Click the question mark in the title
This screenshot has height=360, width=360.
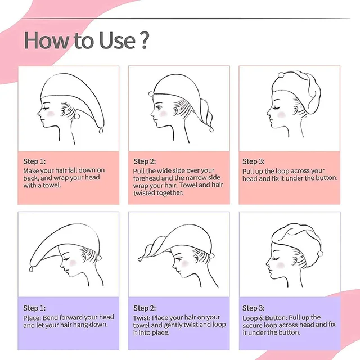click(x=144, y=40)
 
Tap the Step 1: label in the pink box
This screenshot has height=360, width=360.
click(x=34, y=161)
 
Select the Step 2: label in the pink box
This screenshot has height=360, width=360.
click(x=145, y=161)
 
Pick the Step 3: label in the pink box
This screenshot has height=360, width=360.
click(x=254, y=161)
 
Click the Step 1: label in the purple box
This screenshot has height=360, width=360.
click(x=34, y=308)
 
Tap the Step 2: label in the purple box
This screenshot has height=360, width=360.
click(x=145, y=308)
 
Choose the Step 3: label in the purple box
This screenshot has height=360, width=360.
click(x=254, y=308)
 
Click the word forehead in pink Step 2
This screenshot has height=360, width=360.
click(x=146, y=178)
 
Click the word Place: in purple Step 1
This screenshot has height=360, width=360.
click(x=32, y=318)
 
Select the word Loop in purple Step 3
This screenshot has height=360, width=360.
click(x=250, y=318)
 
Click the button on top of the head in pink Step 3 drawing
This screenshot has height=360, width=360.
click(x=281, y=75)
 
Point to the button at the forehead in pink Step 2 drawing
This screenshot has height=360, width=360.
click(x=151, y=94)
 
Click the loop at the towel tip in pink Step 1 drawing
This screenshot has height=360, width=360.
click(x=101, y=130)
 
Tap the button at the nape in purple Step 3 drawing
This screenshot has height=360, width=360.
click(x=320, y=254)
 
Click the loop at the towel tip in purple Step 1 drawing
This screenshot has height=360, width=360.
click(x=31, y=269)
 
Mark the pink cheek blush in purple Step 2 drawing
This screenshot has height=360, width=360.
click(x=185, y=264)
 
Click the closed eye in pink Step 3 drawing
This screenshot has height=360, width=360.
click(x=276, y=107)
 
